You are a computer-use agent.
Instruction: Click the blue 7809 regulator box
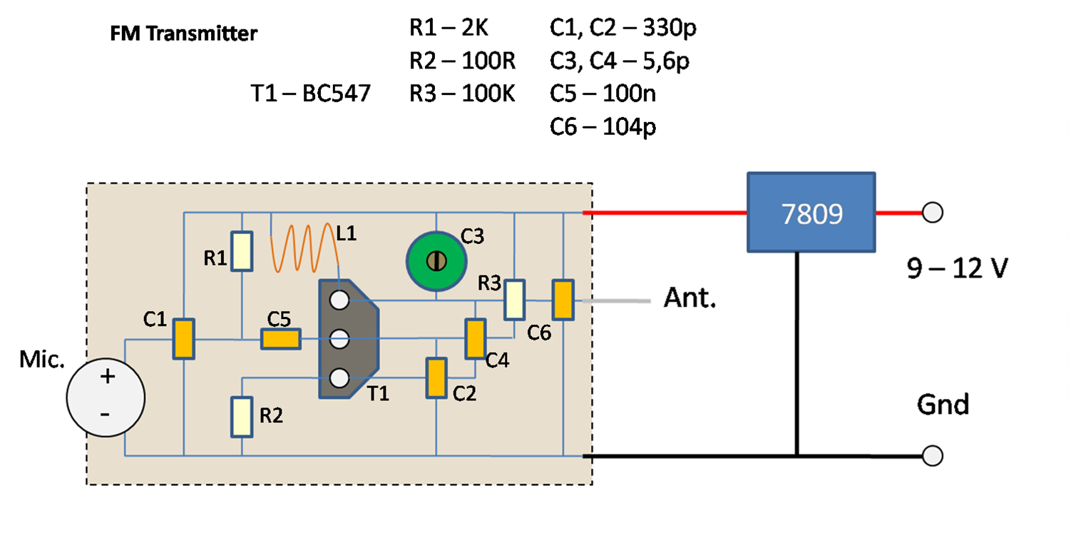coord(811,213)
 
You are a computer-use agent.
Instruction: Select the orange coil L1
coord(304,248)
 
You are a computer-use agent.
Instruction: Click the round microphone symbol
coord(106,397)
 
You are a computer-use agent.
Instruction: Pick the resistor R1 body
coord(242,251)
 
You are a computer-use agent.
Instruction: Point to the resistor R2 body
coord(242,417)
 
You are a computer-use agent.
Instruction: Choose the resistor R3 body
coord(514,300)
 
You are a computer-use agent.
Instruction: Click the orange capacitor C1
coord(184,339)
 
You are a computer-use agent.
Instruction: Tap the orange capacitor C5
coord(280,339)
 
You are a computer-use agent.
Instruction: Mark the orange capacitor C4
coord(475,339)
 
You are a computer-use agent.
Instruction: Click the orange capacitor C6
coord(563,300)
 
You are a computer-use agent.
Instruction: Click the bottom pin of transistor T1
coord(339,378)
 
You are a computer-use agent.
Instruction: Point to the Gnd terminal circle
coord(933,455)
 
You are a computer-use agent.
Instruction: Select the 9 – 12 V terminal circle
coord(933,213)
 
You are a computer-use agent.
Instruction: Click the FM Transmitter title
coord(183,34)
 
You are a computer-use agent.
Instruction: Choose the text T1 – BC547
coord(311,93)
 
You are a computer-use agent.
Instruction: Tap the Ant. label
coord(690,298)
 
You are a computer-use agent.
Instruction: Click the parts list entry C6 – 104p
coord(603,127)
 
